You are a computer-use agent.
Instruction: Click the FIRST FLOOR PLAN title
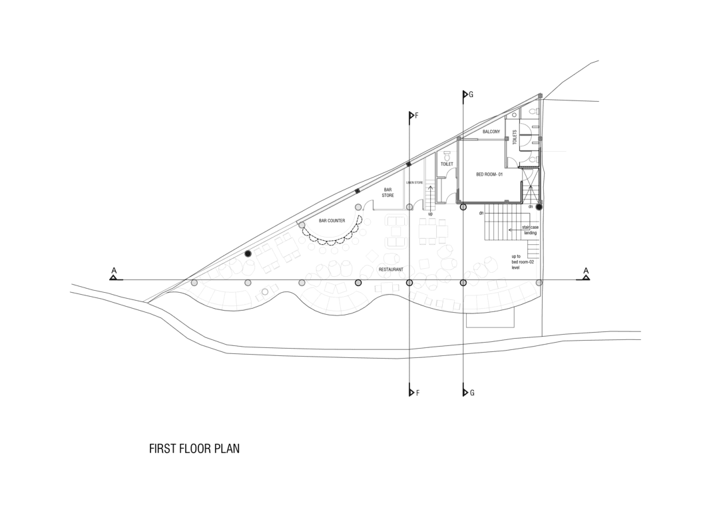(x=194, y=449)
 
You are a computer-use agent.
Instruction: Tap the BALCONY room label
(x=491, y=132)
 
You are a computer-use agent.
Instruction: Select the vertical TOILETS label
(x=515, y=137)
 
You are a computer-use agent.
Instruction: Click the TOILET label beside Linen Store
(x=447, y=164)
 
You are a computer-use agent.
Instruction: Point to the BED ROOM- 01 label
(x=489, y=174)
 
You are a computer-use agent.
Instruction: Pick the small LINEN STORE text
(x=415, y=182)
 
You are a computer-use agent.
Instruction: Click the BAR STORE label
(x=387, y=192)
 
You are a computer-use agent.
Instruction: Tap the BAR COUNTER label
(x=332, y=220)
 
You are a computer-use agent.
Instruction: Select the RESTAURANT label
(x=391, y=269)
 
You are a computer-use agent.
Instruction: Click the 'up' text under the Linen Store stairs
(x=430, y=214)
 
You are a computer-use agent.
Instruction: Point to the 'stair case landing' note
(x=530, y=230)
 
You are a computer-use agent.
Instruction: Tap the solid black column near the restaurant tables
(x=248, y=254)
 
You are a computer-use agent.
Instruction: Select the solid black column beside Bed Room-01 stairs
(x=539, y=207)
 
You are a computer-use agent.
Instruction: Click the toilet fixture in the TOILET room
(x=446, y=154)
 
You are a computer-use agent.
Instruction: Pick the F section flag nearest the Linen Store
(x=412, y=116)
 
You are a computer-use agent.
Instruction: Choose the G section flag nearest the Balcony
(x=465, y=94)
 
